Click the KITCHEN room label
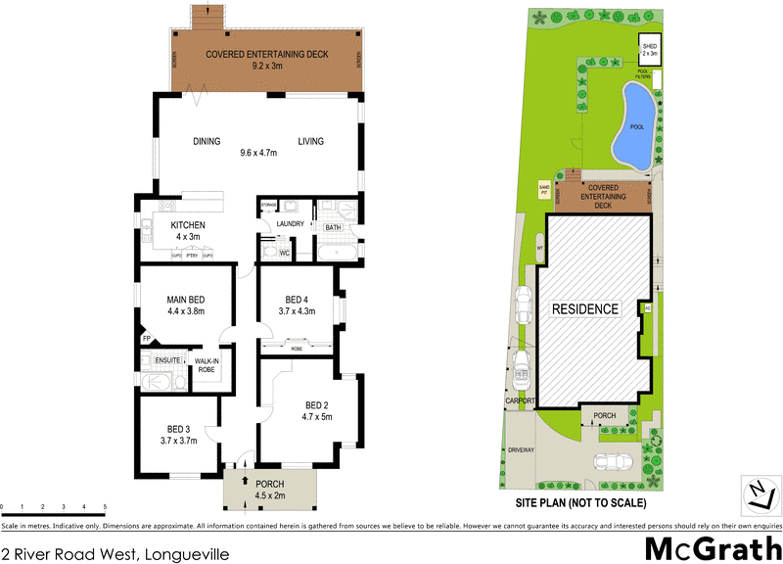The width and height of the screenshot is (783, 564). coord(186,225)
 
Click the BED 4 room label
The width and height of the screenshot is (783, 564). coord(298,299)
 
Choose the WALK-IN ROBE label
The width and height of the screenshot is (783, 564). coord(207,366)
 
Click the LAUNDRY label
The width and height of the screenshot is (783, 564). coord(292,224)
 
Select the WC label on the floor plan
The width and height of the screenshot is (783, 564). coord(283,254)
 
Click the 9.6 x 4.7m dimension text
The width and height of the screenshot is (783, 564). coord(258,153)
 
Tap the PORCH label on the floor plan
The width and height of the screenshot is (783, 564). coord(269,484)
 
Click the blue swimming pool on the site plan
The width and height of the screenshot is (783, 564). coord(635,125)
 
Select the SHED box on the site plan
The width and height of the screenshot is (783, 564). coord(650,49)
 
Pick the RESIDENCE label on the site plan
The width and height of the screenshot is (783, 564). coord(586,309)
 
